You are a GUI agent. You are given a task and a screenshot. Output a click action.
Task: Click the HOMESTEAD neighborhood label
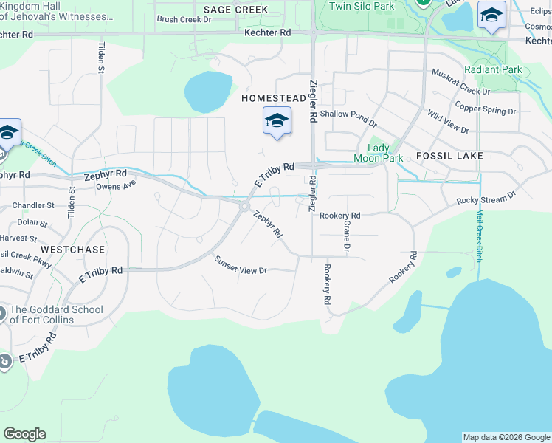pyautogui.click(x=273, y=97)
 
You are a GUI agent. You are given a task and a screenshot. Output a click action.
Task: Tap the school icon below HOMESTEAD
pyautogui.click(x=277, y=120)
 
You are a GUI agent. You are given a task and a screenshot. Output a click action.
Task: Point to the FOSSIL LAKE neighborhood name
pyautogui.click(x=449, y=156)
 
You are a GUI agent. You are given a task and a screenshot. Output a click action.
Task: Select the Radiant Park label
pyautogui.click(x=493, y=70)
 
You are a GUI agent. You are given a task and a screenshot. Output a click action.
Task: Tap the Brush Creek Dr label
pyautogui.click(x=184, y=20)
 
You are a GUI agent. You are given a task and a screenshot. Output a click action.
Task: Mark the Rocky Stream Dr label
pyautogui.click(x=486, y=199)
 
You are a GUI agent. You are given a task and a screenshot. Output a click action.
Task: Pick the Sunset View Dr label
pyautogui.click(x=241, y=266)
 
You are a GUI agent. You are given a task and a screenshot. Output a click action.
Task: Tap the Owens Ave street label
pyautogui.click(x=116, y=185)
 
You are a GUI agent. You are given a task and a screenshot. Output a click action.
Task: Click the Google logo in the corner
pyautogui.click(x=24, y=434)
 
